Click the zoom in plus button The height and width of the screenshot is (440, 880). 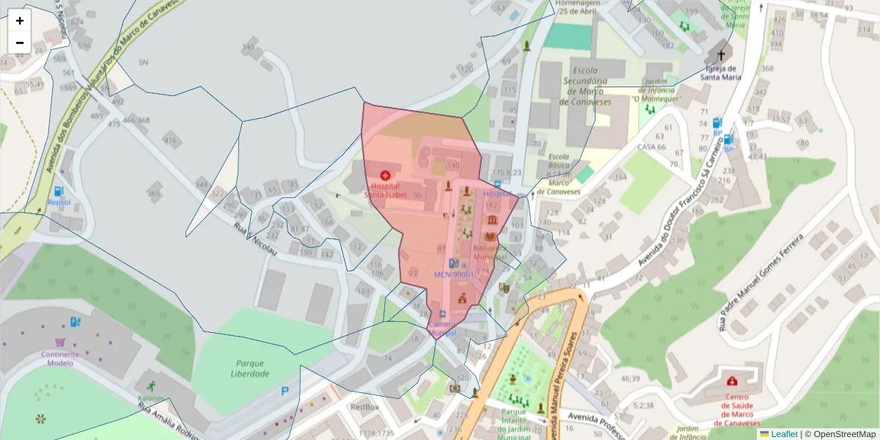pos(20,21)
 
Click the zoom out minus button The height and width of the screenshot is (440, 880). pos(20,43)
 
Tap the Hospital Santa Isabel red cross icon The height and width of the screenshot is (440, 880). pos(386,175)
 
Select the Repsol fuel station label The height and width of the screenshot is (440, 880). pos(59,202)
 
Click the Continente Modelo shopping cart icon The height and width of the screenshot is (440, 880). pos(60,342)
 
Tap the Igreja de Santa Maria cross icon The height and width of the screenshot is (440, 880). pos(721,56)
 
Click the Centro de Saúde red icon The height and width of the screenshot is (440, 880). pos(731,381)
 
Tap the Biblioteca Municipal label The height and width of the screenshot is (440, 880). pos(489,252)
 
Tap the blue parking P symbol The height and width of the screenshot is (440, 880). pos(285,392)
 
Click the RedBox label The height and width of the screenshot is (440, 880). pos(364,407)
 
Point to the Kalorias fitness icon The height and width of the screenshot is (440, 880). pos(150,386)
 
